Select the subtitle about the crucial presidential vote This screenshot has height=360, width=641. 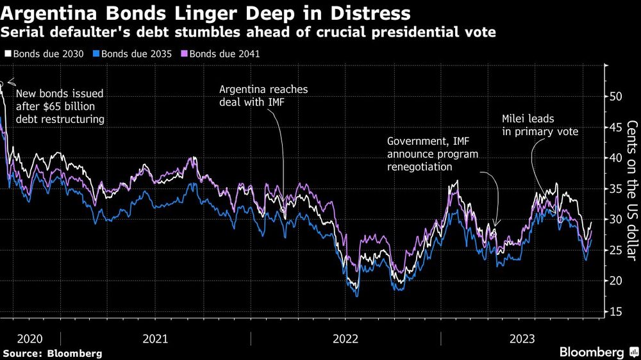(x=249, y=32)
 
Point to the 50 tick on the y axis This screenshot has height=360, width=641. (x=615, y=97)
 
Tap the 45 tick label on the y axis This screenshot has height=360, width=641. (x=615, y=127)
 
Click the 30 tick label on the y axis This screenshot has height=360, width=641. (x=615, y=220)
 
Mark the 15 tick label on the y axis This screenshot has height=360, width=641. (x=615, y=312)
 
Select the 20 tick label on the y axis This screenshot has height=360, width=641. (x=615, y=281)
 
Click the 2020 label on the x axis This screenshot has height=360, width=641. (x=30, y=338)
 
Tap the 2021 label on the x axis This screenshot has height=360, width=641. (x=156, y=338)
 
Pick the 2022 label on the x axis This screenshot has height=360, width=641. (x=345, y=338)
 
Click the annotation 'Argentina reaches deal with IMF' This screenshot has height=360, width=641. (x=263, y=95)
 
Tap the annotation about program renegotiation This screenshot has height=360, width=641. (x=433, y=154)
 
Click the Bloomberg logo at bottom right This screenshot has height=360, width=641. (x=591, y=352)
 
